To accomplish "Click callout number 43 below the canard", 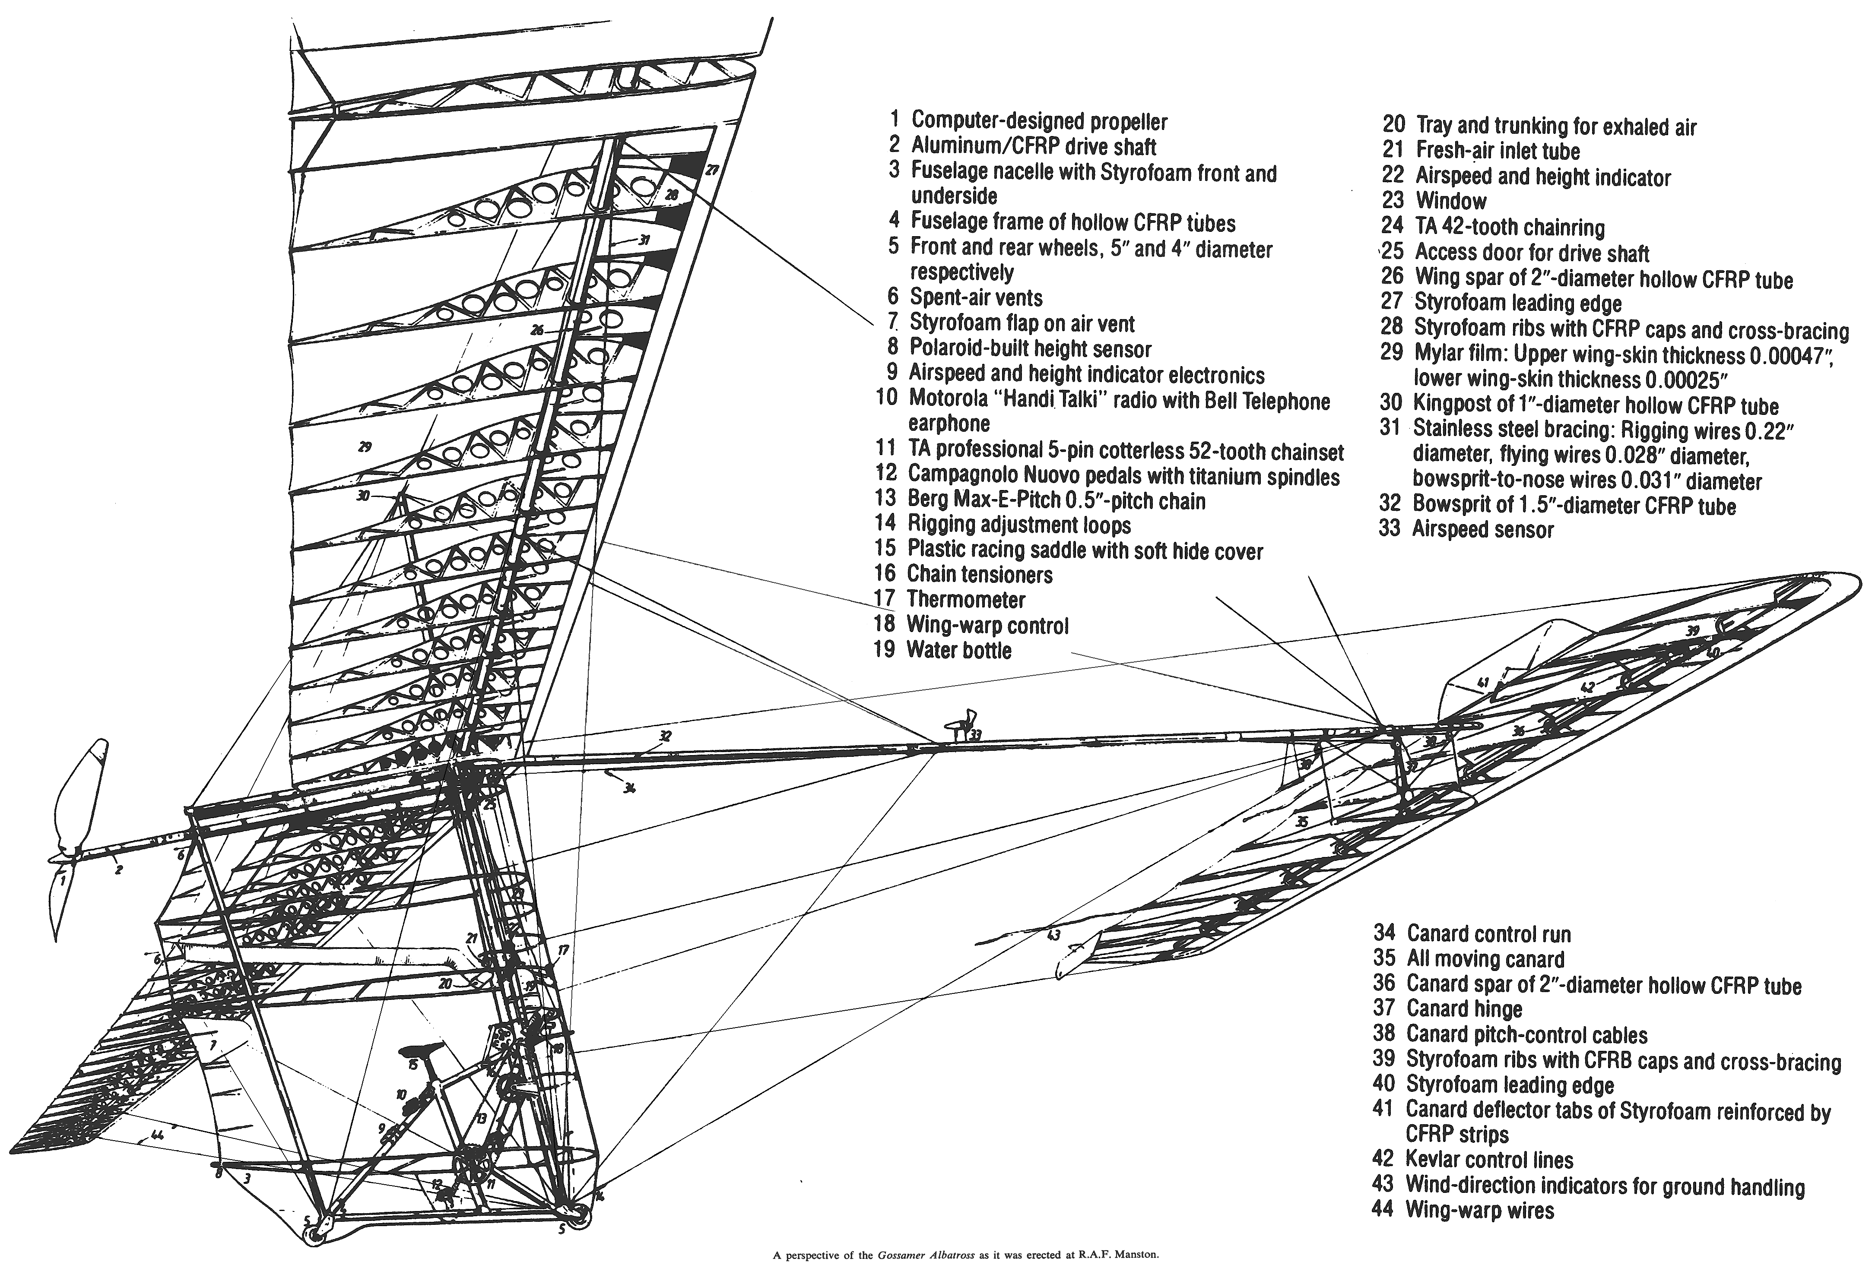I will point(1053,935).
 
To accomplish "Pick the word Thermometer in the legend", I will point(966,599).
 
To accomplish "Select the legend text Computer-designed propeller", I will point(1039,121).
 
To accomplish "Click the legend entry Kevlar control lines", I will point(1489,1160).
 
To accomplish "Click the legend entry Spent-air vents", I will point(976,297).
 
